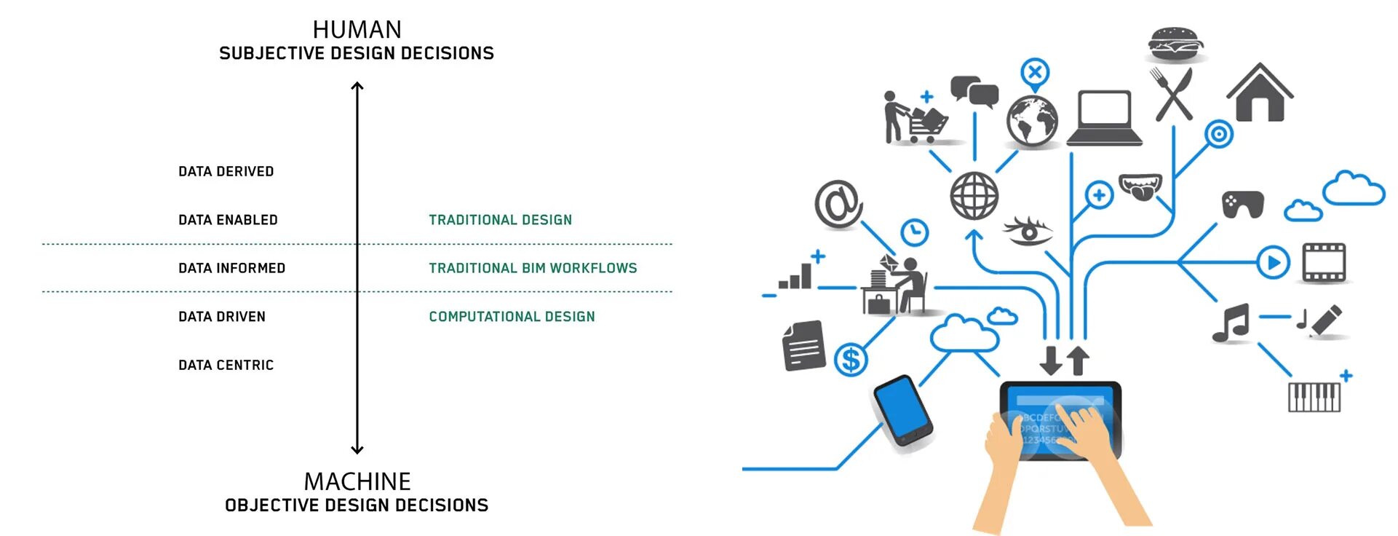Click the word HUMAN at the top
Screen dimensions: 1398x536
(x=357, y=30)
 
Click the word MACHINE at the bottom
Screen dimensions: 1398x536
(x=357, y=481)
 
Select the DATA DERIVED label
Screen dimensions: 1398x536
(x=226, y=172)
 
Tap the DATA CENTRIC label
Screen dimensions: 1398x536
(x=226, y=366)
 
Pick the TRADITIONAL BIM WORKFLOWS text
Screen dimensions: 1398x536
(x=532, y=269)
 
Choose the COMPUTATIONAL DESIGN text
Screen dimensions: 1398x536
(x=512, y=317)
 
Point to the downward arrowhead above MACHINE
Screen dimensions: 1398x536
(x=357, y=449)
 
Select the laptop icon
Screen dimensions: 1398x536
(x=1104, y=119)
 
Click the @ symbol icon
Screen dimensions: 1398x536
(x=838, y=203)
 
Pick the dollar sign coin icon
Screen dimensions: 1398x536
(x=850, y=359)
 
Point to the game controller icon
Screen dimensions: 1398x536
(x=1242, y=204)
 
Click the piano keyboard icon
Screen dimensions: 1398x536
(x=1314, y=397)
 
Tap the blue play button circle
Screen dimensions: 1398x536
(x=1273, y=262)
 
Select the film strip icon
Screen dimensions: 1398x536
(x=1324, y=262)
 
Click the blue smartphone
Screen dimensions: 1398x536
(x=902, y=409)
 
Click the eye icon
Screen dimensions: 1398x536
(x=1028, y=231)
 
